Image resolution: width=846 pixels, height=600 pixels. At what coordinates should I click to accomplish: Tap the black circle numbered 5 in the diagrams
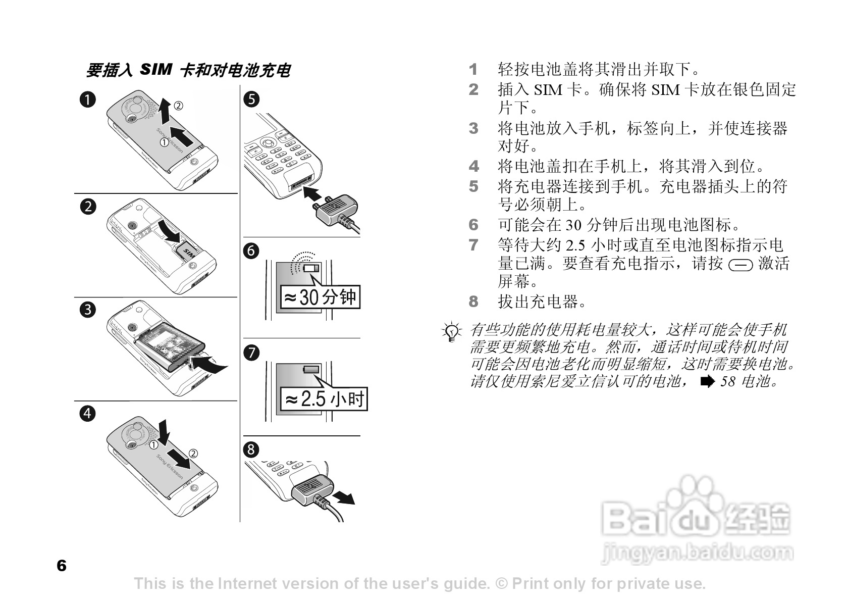[x=251, y=99]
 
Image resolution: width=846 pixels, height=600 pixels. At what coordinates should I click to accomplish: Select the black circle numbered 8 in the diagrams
[x=251, y=449]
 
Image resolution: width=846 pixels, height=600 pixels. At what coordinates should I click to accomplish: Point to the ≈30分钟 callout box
[x=320, y=297]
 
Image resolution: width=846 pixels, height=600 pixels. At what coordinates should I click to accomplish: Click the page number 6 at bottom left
[x=62, y=566]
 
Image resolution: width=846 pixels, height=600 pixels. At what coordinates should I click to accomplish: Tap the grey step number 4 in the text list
[x=473, y=166]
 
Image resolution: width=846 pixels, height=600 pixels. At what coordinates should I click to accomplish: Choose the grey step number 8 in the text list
[x=473, y=302]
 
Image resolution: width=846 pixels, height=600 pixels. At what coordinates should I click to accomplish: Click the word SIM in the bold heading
[x=156, y=69]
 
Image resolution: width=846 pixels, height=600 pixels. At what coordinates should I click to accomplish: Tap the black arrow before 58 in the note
[x=708, y=381]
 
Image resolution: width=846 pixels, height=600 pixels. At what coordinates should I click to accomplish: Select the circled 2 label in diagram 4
[x=193, y=452]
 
